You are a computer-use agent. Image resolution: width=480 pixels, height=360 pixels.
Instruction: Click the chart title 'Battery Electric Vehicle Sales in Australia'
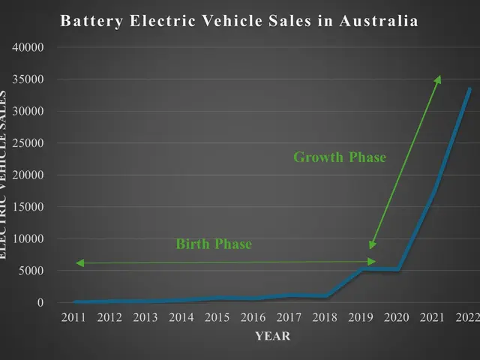click(239, 20)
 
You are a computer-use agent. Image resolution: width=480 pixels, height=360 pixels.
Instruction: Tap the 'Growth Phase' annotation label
click(339, 157)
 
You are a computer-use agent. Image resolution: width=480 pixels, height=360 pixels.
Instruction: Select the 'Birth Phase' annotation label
click(214, 244)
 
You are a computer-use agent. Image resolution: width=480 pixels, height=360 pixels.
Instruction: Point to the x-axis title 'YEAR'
click(272, 337)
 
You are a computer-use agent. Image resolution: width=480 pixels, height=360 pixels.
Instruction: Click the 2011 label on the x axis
click(73, 318)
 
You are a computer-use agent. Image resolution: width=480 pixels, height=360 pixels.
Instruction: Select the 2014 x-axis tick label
click(181, 318)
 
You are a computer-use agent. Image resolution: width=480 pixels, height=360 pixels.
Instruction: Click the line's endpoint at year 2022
click(469, 89)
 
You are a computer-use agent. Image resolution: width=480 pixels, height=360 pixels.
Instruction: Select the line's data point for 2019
click(362, 269)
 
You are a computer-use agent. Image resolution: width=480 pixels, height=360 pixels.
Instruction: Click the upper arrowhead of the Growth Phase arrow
click(439, 77)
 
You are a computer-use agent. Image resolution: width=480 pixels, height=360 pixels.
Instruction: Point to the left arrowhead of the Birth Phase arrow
click(78, 263)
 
